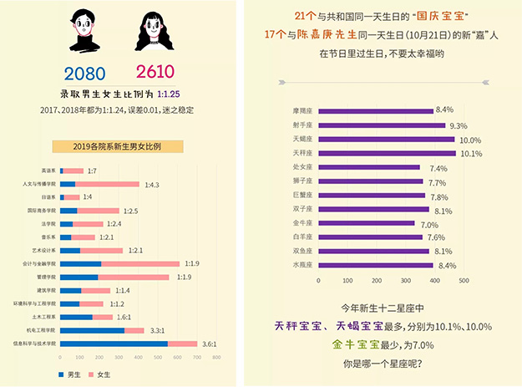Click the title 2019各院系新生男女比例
[116, 146]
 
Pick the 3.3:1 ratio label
[158, 330]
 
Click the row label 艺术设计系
[43, 250]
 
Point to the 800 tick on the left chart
[216, 357]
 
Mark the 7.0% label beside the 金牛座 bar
[429, 224]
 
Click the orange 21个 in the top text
[305, 16]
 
